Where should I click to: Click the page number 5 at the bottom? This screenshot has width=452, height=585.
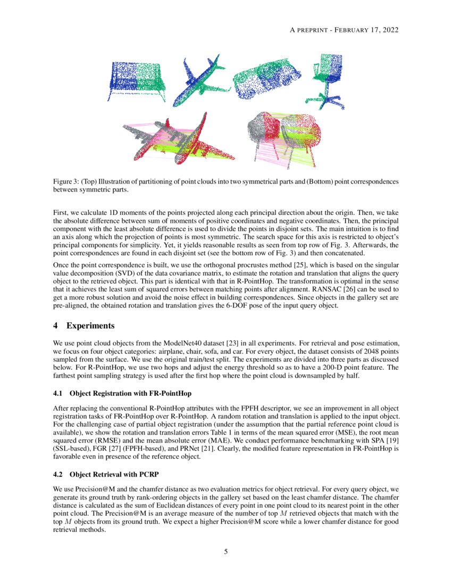point(226,551)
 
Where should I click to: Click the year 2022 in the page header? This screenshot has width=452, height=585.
point(389,29)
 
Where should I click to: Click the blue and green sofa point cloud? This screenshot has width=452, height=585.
point(137,80)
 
